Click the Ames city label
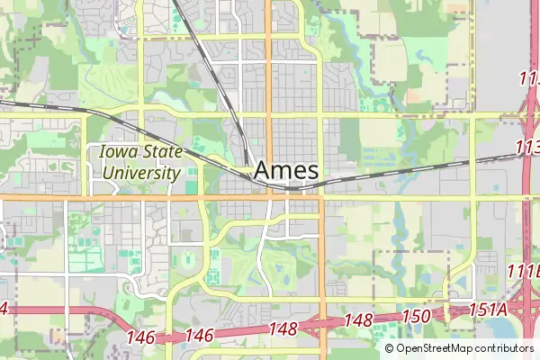[x=286, y=170]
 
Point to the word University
[x=140, y=171]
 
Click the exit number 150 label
[x=416, y=316]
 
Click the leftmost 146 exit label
[x=141, y=337]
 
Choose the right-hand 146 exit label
[x=200, y=335]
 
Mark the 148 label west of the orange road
[x=283, y=328]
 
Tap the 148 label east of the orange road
[x=358, y=320]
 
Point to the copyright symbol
[x=390, y=348]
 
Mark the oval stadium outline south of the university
[x=187, y=261]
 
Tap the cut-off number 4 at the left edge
[x=3, y=309]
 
